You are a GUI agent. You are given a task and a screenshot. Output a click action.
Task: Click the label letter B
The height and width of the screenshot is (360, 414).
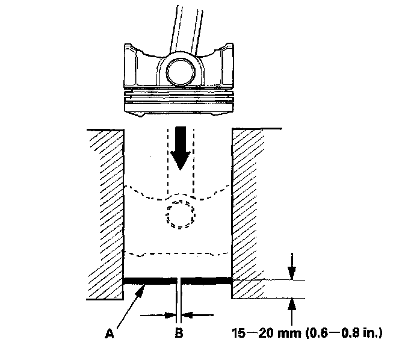coord(179,331)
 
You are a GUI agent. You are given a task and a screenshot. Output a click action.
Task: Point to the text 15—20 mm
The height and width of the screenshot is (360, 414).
coord(258,331)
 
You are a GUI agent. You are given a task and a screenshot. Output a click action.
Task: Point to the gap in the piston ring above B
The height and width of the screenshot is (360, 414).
coord(179,280)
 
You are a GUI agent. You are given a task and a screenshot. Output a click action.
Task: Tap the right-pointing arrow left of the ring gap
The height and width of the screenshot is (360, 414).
coord(168,314)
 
